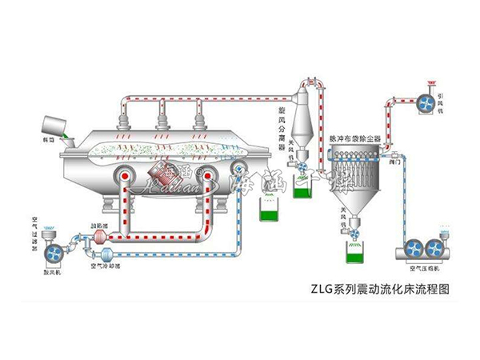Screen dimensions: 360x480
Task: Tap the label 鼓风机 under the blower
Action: point(52,272)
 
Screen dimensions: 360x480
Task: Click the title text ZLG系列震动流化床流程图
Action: point(383,293)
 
